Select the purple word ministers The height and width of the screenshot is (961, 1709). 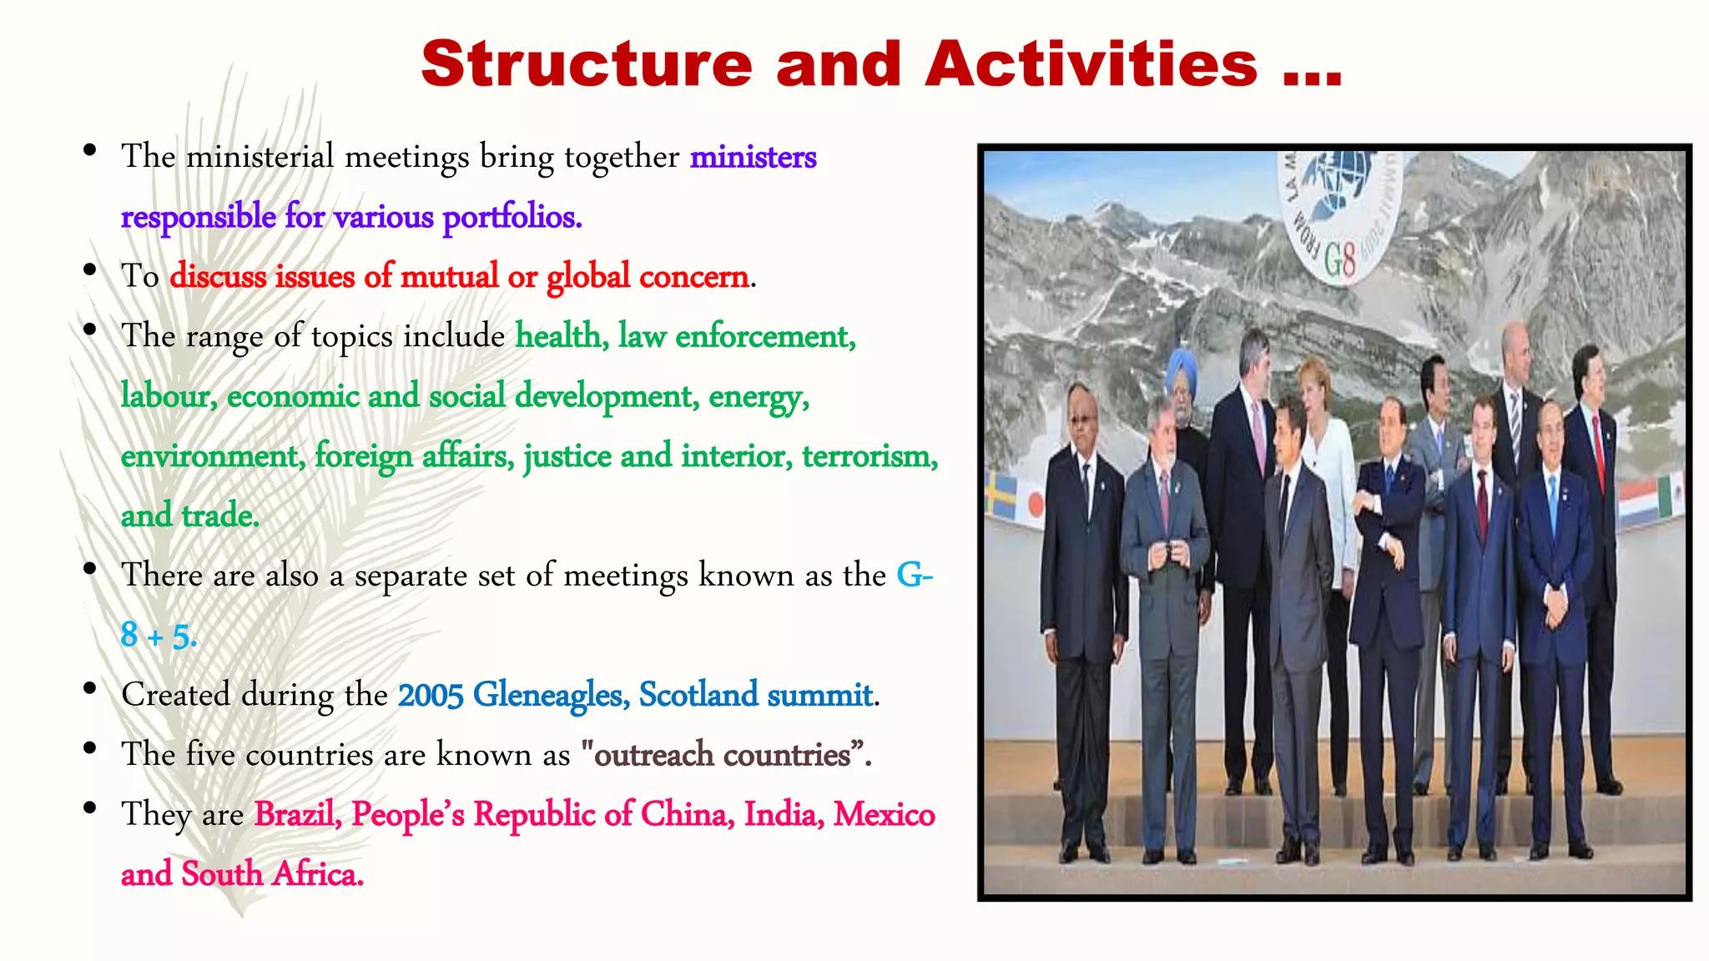(753, 157)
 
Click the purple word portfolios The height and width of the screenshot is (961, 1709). (512, 217)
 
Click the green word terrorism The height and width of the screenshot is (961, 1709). (870, 456)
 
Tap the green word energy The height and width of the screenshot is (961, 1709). (759, 396)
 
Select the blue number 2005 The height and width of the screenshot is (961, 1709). (430, 695)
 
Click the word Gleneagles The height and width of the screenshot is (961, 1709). (551, 695)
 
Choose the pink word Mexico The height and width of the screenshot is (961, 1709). (884, 814)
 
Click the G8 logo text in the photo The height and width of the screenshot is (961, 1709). (1340, 260)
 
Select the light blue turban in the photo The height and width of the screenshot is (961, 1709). (1180, 368)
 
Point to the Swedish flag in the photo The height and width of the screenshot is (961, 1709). (1001, 496)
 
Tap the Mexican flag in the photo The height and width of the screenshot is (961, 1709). (1671, 494)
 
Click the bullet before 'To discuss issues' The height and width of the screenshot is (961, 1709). (89, 271)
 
